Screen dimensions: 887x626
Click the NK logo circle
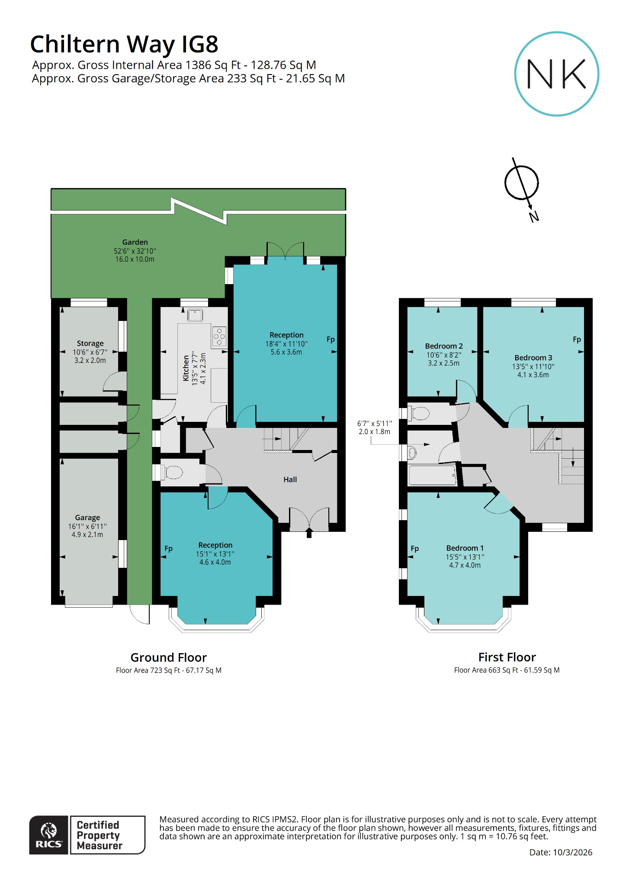tap(556, 74)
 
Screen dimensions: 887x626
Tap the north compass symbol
tap(522, 183)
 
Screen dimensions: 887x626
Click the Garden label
tap(135, 242)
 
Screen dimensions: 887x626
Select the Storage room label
tap(90, 343)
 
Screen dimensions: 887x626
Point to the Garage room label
tap(87, 518)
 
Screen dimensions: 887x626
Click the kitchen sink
tap(195, 315)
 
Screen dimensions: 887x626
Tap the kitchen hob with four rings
tap(219, 337)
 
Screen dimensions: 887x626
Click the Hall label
tap(290, 479)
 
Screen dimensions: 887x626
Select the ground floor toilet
tap(173, 472)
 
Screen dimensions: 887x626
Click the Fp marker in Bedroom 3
tap(577, 339)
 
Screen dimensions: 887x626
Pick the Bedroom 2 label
tap(444, 346)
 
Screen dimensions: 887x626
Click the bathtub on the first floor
tap(432, 475)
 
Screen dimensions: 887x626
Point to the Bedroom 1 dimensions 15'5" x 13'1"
tap(465, 557)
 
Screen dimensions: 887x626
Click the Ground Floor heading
tap(169, 657)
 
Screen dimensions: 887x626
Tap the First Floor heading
tap(507, 657)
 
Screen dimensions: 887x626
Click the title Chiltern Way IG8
tap(124, 44)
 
